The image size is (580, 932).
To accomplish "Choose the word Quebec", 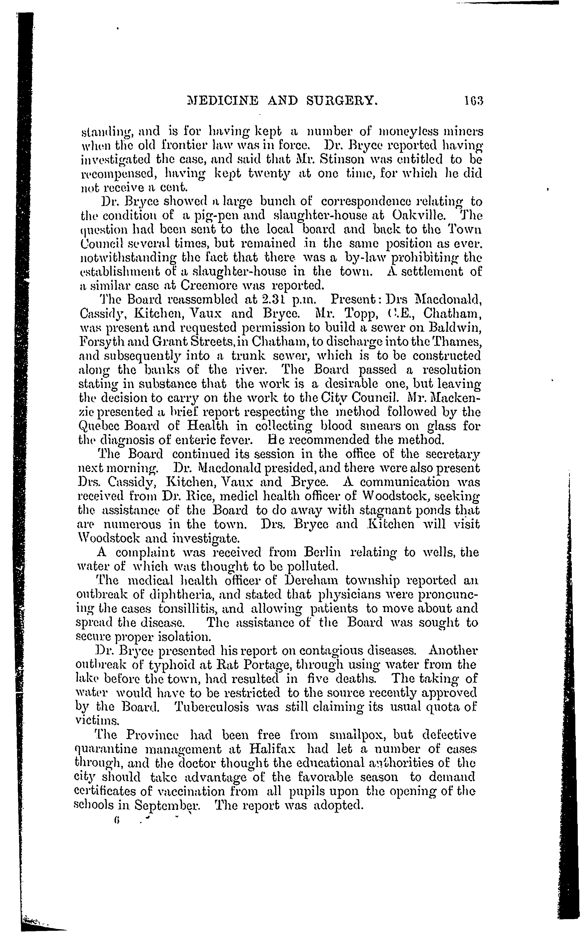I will coord(97,426).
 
